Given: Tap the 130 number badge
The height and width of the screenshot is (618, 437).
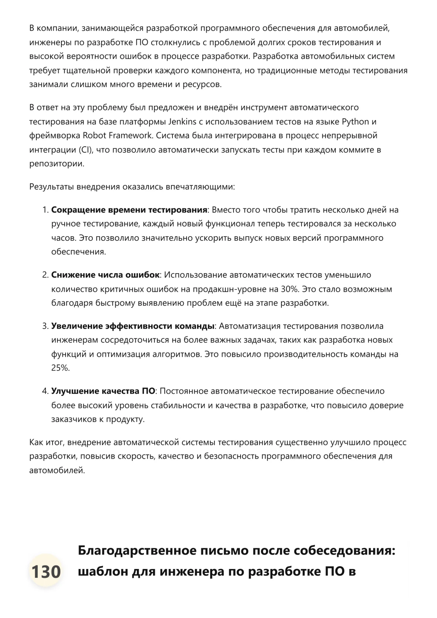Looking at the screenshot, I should [46, 571].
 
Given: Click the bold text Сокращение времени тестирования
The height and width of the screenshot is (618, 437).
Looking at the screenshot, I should [129, 210].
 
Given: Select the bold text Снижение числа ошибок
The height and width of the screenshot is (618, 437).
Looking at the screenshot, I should [105, 275].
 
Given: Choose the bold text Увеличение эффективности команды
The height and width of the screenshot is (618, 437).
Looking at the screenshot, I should [133, 326].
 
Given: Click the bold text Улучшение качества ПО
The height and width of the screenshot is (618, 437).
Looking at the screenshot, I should [103, 391].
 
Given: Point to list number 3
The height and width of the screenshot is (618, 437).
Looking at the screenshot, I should [45, 326].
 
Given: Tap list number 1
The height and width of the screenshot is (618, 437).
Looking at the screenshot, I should [45, 210].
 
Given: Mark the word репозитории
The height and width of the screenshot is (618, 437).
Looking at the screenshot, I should [57, 164].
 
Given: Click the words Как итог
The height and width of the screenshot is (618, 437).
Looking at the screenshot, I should [46, 442].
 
